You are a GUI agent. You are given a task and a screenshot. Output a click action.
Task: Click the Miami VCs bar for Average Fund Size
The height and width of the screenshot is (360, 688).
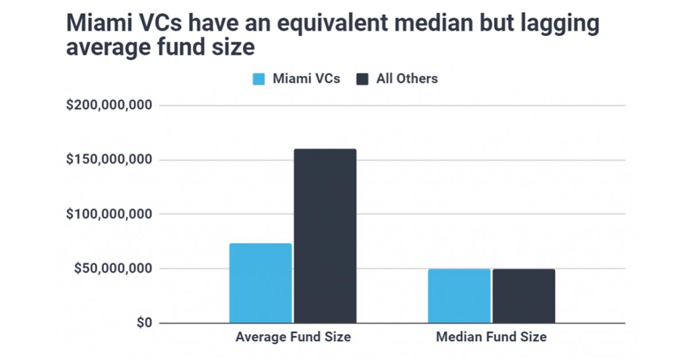pyautogui.click(x=260, y=283)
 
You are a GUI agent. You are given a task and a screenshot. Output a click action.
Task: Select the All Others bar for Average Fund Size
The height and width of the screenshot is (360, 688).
pyautogui.click(x=325, y=236)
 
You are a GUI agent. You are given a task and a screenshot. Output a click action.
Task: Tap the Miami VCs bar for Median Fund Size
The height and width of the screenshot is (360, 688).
pyautogui.click(x=459, y=296)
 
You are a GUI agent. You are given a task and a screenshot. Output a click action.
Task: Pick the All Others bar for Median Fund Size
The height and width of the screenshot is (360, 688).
pyautogui.click(x=523, y=296)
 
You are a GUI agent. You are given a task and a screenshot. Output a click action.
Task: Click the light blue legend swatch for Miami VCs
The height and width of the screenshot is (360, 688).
pyautogui.click(x=259, y=79)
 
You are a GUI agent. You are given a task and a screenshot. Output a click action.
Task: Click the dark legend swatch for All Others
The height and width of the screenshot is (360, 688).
pyautogui.click(x=362, y=79)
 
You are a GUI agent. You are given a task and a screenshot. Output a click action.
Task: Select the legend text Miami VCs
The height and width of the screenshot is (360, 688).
pyautogui.click(x=306, y=79)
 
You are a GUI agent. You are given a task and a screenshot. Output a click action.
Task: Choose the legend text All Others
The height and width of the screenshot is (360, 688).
pyautogui.click(x=406, y=79)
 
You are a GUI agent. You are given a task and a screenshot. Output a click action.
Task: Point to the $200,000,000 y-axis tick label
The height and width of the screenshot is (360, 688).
pyautogui.click(x=108, y=105)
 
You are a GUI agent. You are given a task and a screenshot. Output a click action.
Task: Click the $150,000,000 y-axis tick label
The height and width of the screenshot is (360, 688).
pyautogui.click(x=108, y=160)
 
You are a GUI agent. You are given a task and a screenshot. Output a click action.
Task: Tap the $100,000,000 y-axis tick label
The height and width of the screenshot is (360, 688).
pyautogui.click(x=108, y=214)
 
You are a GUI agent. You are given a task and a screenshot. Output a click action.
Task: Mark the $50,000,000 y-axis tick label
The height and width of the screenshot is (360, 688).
pyautogui.click(x=112, y=269)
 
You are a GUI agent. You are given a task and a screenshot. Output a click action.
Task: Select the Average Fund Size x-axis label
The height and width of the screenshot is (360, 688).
pyautogui.click(x=293, y=337)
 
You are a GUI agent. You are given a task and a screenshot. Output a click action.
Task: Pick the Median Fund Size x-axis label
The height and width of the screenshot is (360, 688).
pyautogui.click(x=491, y=337)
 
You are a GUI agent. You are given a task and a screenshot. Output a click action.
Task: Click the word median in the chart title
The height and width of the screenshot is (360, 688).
pyautogui.click(x=413, y=24)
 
